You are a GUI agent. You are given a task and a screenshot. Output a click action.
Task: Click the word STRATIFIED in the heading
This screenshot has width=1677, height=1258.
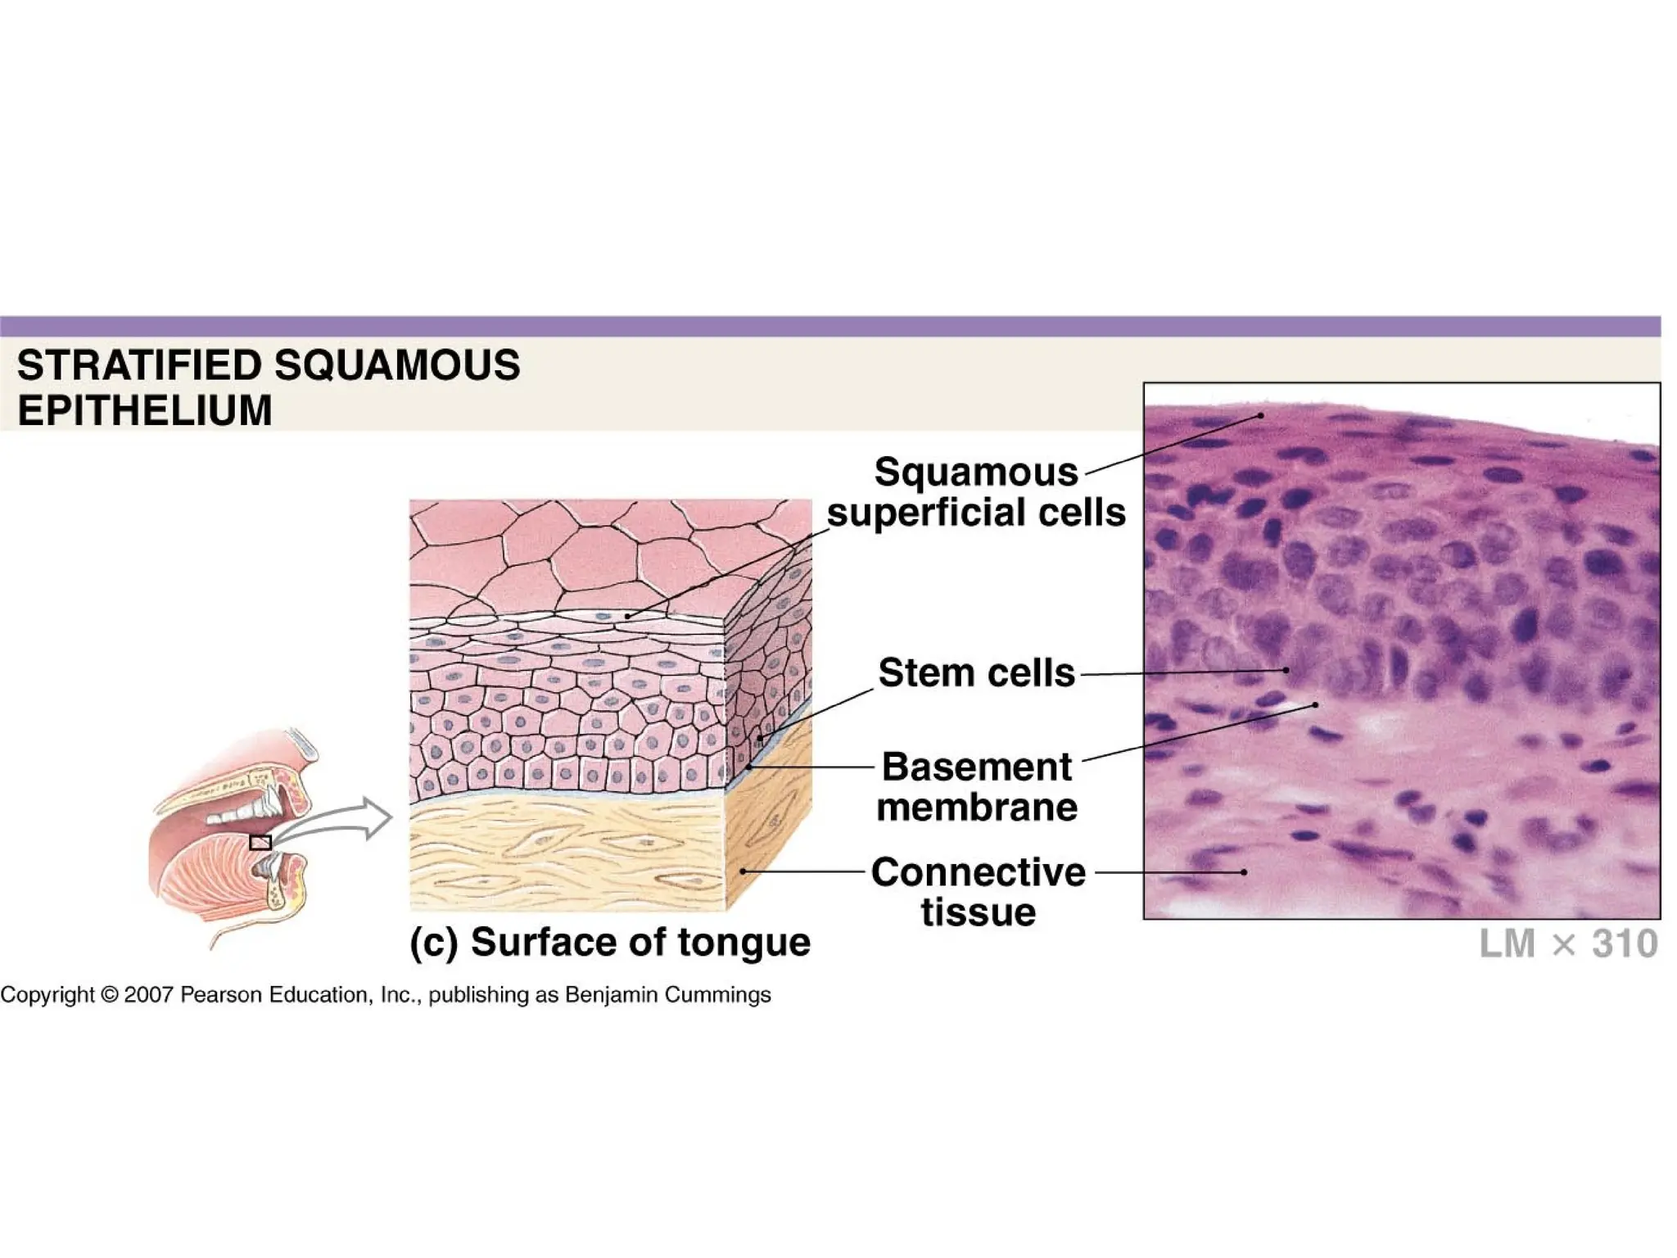139,365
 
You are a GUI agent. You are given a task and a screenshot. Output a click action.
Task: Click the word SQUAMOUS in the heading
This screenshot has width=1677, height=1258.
397,365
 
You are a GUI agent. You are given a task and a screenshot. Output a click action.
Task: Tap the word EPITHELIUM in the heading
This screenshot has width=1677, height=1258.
144,410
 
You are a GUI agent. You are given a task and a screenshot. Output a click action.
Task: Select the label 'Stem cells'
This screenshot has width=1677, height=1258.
976,673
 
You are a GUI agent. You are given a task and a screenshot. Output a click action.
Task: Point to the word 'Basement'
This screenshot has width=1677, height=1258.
976,767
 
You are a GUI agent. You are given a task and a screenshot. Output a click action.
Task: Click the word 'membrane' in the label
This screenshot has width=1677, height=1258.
977,808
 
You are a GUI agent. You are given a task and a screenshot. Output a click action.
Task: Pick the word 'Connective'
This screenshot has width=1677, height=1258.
979,872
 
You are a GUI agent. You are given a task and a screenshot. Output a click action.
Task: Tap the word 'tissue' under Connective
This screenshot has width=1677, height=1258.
979,912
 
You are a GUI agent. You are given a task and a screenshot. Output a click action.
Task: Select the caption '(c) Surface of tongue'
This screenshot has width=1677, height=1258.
610,942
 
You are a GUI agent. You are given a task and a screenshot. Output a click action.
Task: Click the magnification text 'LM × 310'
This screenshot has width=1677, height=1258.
1568,943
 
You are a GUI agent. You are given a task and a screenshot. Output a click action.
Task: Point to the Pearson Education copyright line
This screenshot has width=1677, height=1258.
385,994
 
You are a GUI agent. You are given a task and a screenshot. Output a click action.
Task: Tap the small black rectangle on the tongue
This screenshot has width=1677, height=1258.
260,843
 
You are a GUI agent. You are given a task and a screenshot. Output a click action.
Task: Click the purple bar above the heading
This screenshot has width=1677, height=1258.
830,327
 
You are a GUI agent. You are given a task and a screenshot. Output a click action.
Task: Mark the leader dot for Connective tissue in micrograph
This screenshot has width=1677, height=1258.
1244,872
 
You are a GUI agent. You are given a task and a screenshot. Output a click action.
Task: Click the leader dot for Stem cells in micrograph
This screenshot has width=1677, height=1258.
1286,670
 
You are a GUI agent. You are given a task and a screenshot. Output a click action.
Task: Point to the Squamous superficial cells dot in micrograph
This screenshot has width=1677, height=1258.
1261,416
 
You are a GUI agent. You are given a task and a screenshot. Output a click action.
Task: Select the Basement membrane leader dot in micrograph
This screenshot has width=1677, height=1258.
1315,704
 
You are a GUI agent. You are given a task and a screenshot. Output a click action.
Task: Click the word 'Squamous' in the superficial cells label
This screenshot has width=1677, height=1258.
976,473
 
